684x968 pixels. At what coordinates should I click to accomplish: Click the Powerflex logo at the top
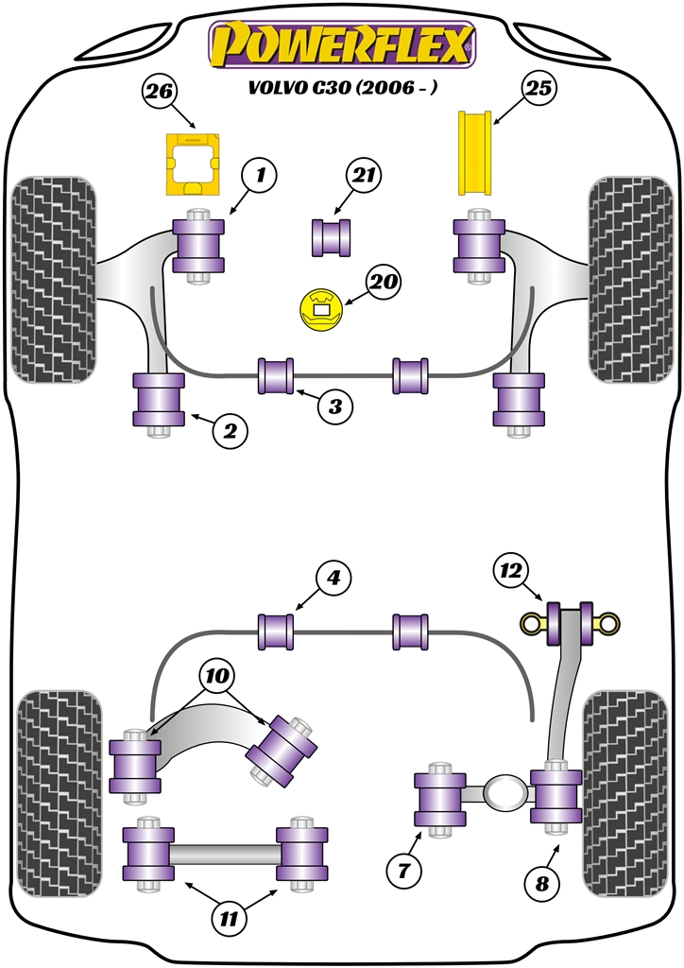pyautogui.click(x=342, y=45)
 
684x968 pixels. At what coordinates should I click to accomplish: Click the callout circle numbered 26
pyautogui.click(x=160, y=92)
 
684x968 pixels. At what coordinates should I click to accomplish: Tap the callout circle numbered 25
pyautogui.click(x=539, y=90)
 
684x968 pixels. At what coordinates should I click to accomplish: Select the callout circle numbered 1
pyautogui.click(x=261, y=175)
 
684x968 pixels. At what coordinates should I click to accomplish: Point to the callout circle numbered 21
pyautogui.click(x=361, y=175)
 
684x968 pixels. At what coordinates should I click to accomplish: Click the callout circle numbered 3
pyautogui.click(x=334, y=407)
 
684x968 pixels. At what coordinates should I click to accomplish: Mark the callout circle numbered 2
pyautogui.click(x=230, y=432)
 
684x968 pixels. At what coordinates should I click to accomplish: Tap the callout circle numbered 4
pyautogui.click(x=333, y=578)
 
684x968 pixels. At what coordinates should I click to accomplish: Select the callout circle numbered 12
pyautogui.click(x=511, y=570)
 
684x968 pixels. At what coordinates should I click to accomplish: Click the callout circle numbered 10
pyautogui.click(x=216, y=676)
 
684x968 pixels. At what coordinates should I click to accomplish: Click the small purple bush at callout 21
pyautogui.click(x=332, y=236)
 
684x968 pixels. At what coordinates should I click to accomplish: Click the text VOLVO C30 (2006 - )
pyautogui.click(x=342, y=88)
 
